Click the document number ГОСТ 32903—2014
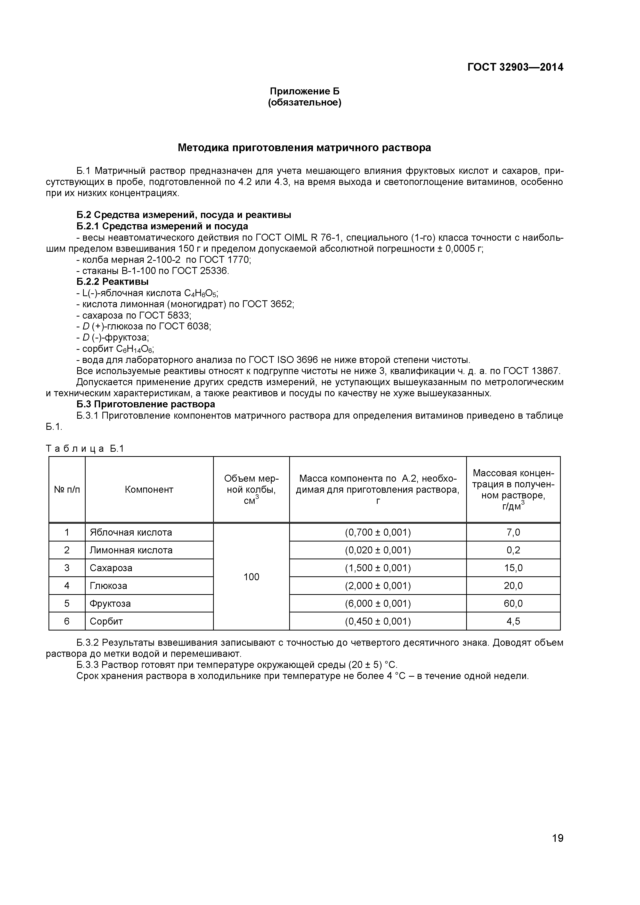(515, 67)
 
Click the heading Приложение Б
(304, 91)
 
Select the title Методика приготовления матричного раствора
(304, 148)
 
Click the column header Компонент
(149, 490)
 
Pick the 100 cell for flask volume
(252, 577)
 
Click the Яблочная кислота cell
(131, 532)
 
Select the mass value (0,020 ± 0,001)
(378, 550)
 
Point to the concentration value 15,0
(513, 568)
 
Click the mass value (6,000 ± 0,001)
(378, 603)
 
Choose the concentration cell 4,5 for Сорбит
(513, 621)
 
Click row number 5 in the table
(67, 603)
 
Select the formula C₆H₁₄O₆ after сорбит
(135, 349)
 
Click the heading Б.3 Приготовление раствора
(145, 405)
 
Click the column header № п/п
(67, 490)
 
